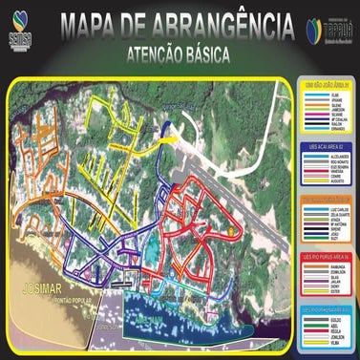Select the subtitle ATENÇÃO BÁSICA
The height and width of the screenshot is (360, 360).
pos(180,55)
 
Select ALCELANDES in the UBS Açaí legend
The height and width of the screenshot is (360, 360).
pos(338,158)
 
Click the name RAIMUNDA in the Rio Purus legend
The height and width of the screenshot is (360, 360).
pos(338,265)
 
